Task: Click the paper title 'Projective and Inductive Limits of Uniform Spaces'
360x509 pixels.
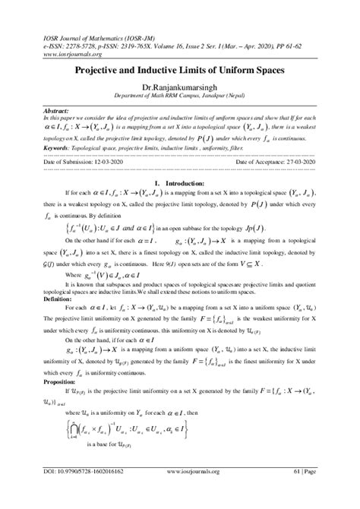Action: point(180,68)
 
